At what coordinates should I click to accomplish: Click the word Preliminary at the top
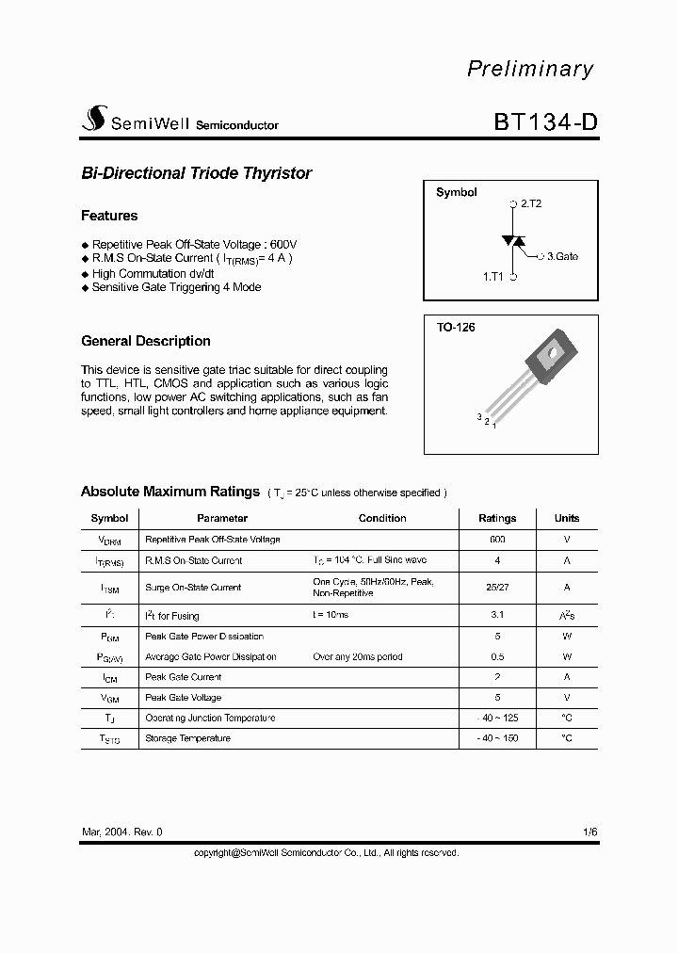530,69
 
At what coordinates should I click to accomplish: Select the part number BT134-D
544,122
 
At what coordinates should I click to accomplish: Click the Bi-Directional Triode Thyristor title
196,173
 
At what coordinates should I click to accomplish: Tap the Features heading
109,216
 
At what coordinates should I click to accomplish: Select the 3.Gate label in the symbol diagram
562,256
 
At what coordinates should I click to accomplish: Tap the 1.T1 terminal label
493,277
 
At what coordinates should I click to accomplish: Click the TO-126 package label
456,328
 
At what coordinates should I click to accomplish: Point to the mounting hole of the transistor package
549,353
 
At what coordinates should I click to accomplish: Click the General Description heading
146,341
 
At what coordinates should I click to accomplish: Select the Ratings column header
497,518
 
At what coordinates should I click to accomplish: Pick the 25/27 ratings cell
497,587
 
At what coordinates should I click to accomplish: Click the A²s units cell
567,615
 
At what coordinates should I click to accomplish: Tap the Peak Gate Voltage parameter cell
183,698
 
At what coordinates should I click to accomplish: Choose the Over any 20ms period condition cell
357,656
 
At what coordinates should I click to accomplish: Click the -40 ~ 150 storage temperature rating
497,738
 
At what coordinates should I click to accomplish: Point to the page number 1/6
589,832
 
